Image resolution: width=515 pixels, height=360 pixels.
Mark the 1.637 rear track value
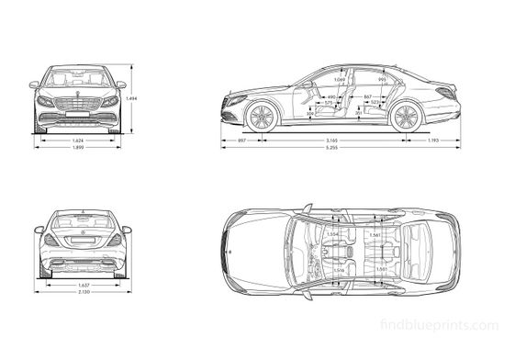click(83, 285)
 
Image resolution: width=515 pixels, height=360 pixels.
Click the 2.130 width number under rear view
click(83, 293)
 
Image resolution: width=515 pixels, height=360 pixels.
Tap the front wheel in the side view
click(262, 117)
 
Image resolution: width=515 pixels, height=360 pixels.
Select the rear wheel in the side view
click(404, 117)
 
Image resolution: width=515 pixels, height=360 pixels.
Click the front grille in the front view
click(78, 104)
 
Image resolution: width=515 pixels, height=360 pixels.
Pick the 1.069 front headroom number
click(340, 80)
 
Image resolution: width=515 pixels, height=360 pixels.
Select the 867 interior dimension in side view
click(367, 96)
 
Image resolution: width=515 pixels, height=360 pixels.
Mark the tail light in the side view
click(446, 93)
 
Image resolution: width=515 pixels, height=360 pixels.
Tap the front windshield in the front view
click(78, 77)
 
